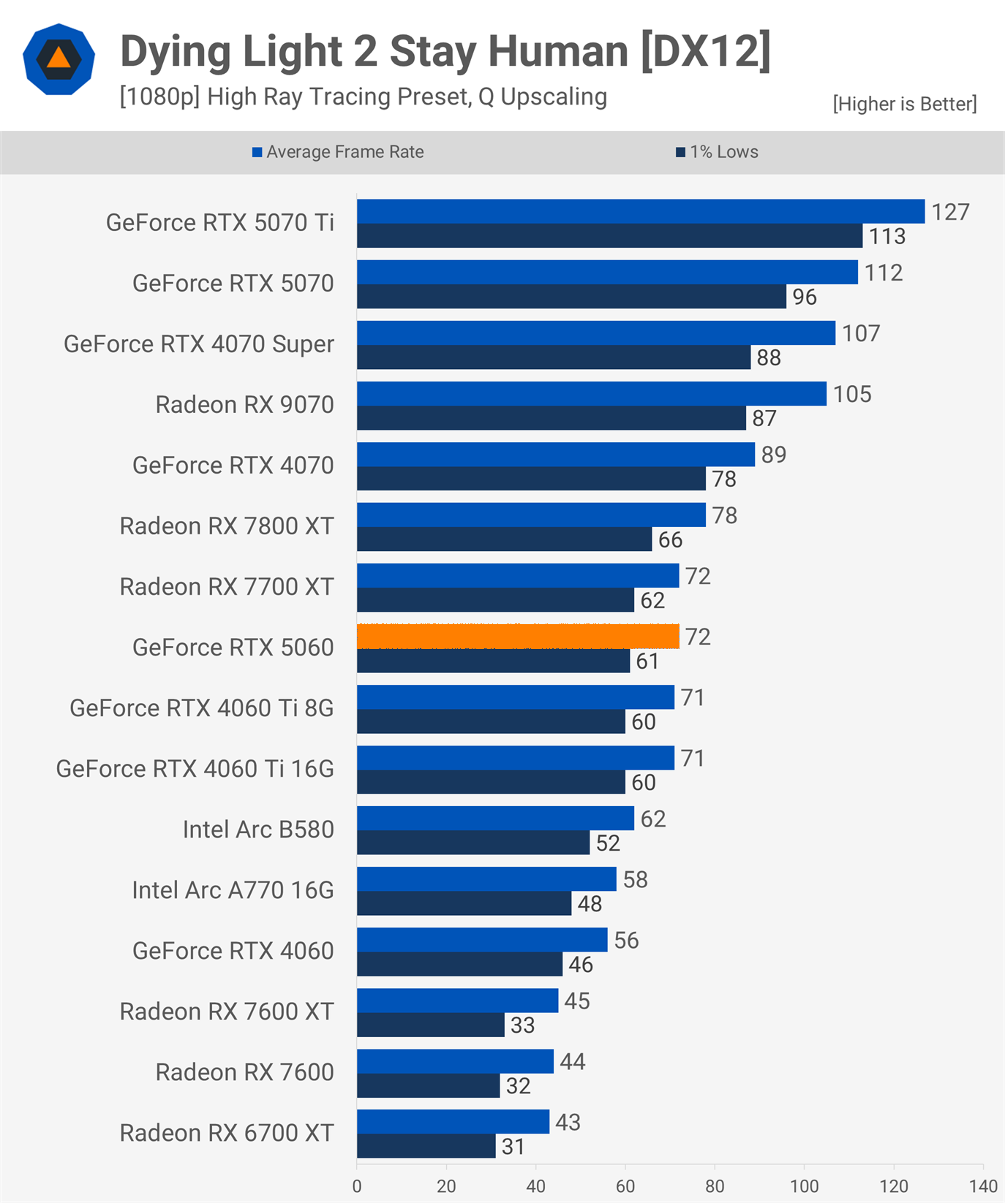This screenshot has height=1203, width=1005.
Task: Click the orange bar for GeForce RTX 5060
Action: tap(518, 637)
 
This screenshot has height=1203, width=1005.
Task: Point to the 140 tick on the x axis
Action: tap(983, 1185)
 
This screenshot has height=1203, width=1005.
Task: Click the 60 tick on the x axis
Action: tap(625, 1185)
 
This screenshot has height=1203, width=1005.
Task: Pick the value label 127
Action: tap(950, 212)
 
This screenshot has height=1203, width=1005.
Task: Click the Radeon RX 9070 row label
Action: tap(244, 404)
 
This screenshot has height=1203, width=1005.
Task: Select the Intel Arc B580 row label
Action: tap(258, 829)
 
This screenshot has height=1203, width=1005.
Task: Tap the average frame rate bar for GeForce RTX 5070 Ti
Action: tap(641, 211)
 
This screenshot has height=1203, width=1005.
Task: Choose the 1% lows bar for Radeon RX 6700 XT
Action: tap(426, 1146)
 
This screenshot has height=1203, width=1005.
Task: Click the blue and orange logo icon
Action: tap(59, 59)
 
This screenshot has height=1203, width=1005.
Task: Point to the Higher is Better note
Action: tap(904, 104)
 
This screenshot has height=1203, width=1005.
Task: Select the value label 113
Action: tap(887, 236)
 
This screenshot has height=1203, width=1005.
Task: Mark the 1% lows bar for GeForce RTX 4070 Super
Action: tap(554, 357)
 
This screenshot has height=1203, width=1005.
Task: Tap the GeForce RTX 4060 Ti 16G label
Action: tap(195, 768)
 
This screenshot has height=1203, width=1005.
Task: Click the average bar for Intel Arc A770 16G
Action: tap(486, 879)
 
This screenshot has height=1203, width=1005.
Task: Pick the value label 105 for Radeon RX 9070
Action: tap(852, 394)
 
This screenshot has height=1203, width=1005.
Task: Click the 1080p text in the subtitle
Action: tap(160, 96)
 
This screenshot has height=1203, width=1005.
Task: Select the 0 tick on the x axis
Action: tap(357, 1185)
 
